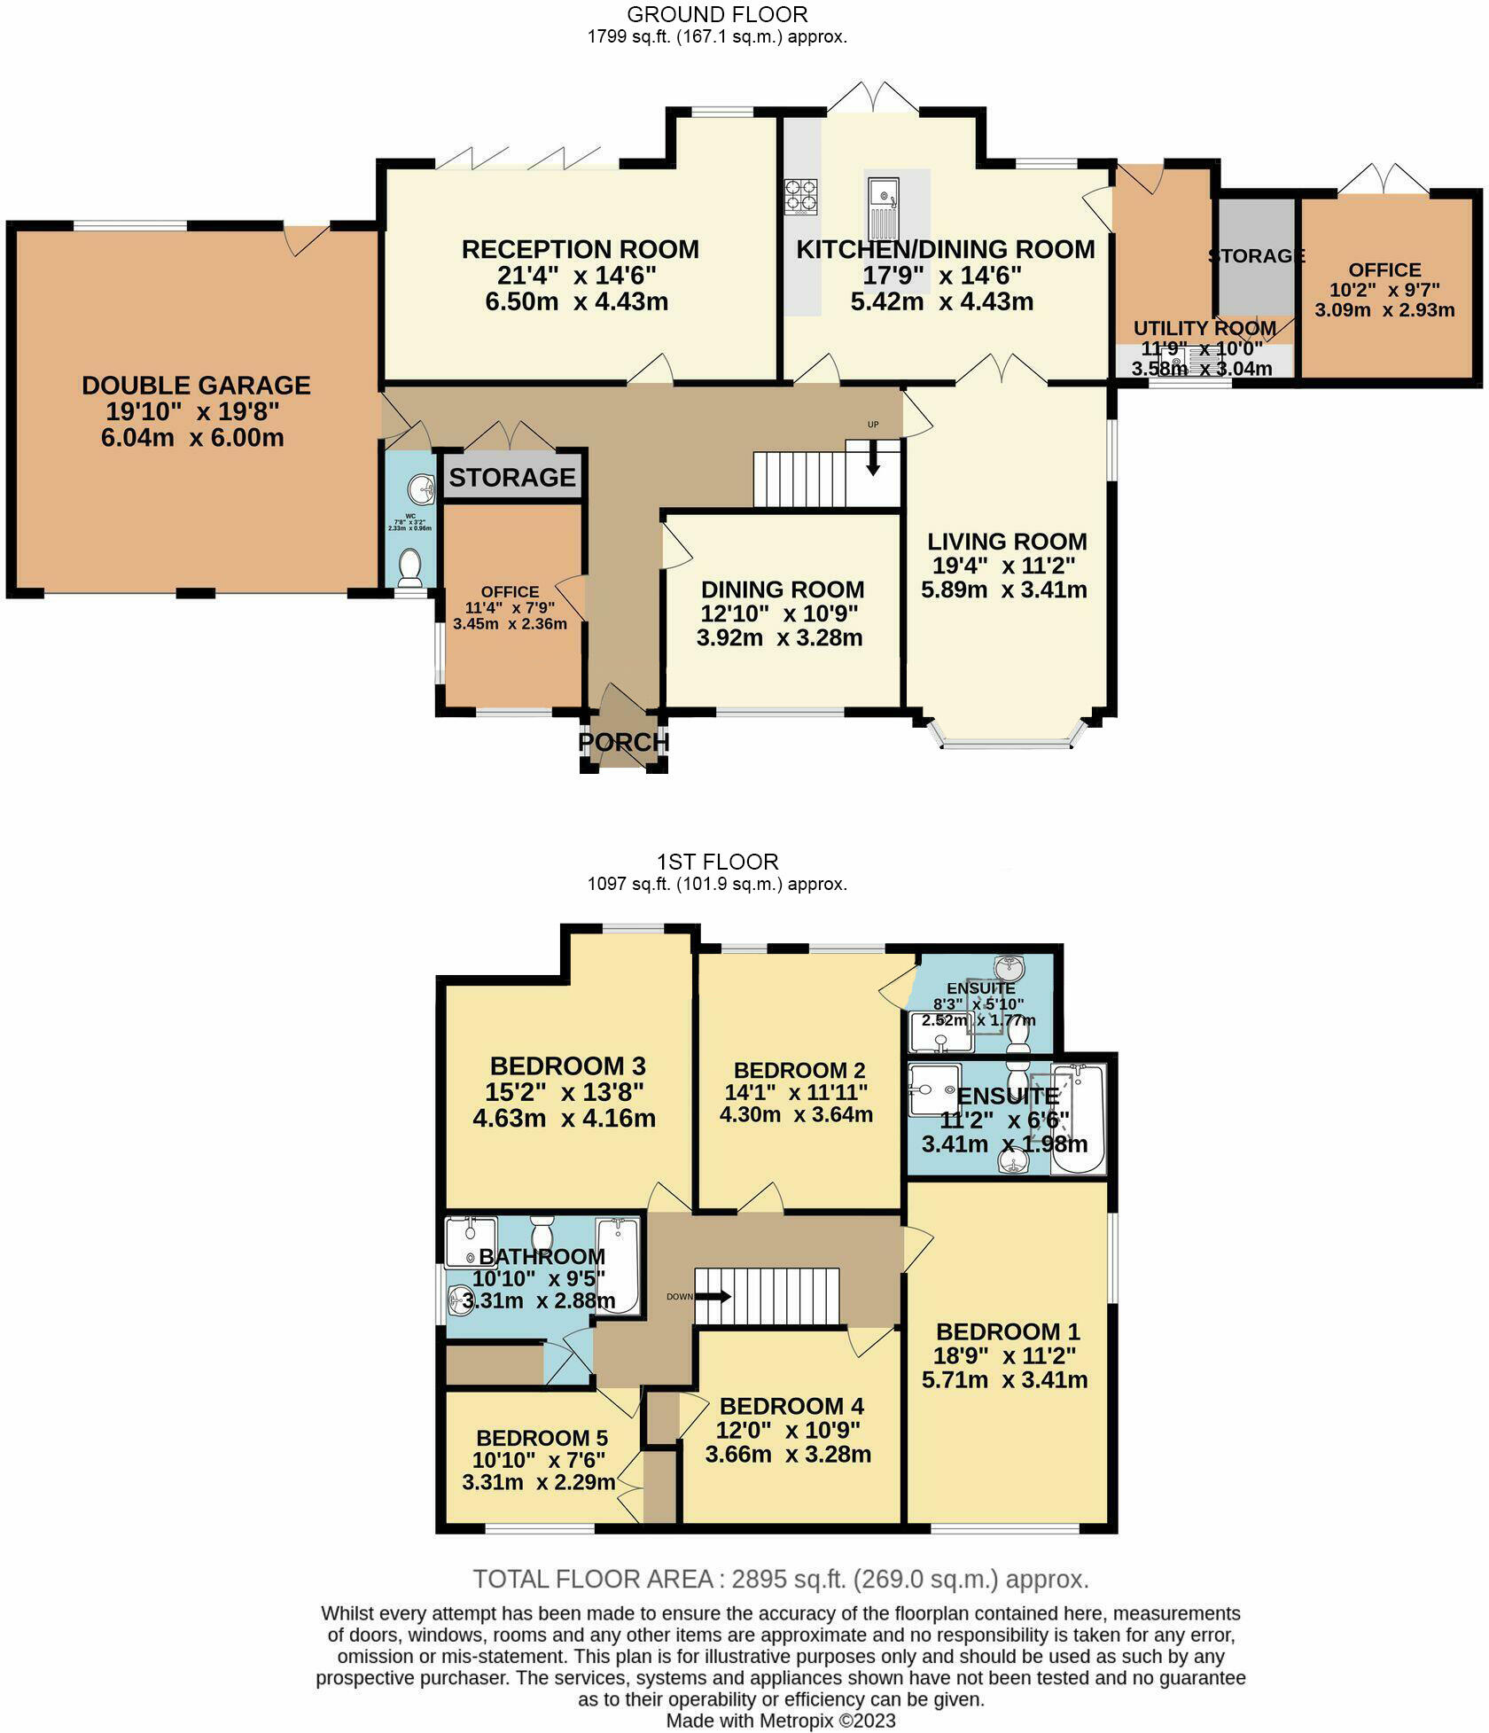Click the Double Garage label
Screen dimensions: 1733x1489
tap(196, 386)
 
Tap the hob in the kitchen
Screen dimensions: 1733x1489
tap(800, 197)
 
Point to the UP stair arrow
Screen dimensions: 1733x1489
tap(873, 458)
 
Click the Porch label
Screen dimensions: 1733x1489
tap(623, 742)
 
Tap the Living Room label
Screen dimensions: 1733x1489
tap(1007, 542)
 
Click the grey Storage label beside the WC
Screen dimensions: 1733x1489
tap(512, 478)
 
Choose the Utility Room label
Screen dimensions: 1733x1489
tap(1204, 329)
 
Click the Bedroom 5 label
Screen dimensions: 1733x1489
tap(542, 1438)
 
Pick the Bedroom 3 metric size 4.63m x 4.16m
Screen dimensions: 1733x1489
tap(565, 1118)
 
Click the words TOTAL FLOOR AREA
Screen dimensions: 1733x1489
tap(593, 1579)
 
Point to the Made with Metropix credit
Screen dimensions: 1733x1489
tap(781, 1721)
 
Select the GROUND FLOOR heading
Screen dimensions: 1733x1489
tap(717, 15)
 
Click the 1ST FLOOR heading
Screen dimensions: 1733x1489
tap(717, 862)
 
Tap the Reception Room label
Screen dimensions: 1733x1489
tap(580, 250)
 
